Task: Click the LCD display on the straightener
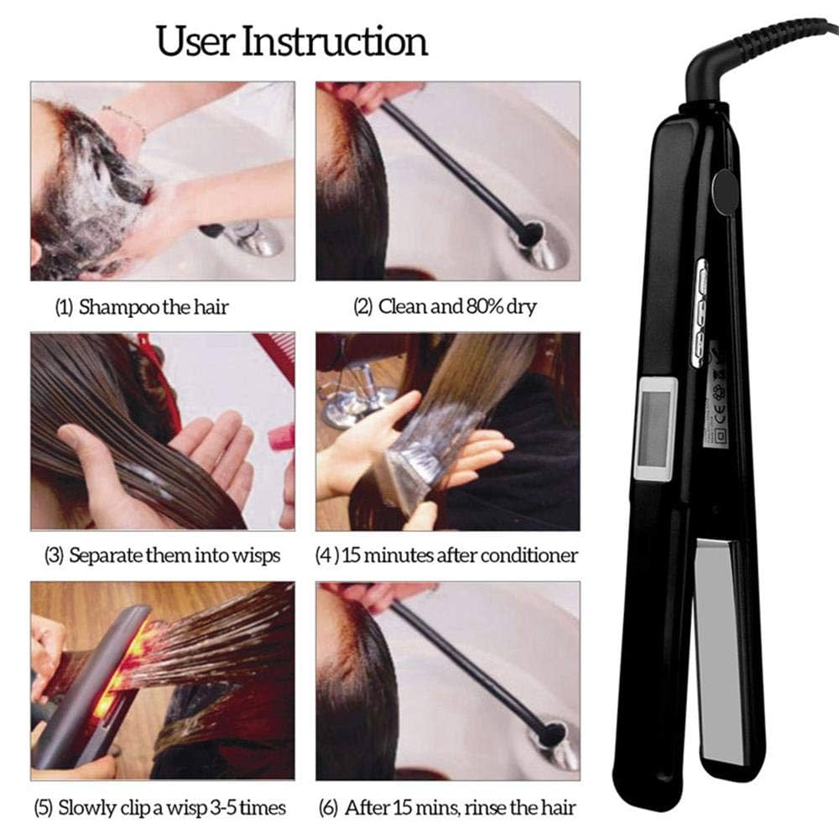tap(654, 427)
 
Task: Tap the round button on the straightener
tap(721, 190)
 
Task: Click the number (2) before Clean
tap(362, 307)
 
